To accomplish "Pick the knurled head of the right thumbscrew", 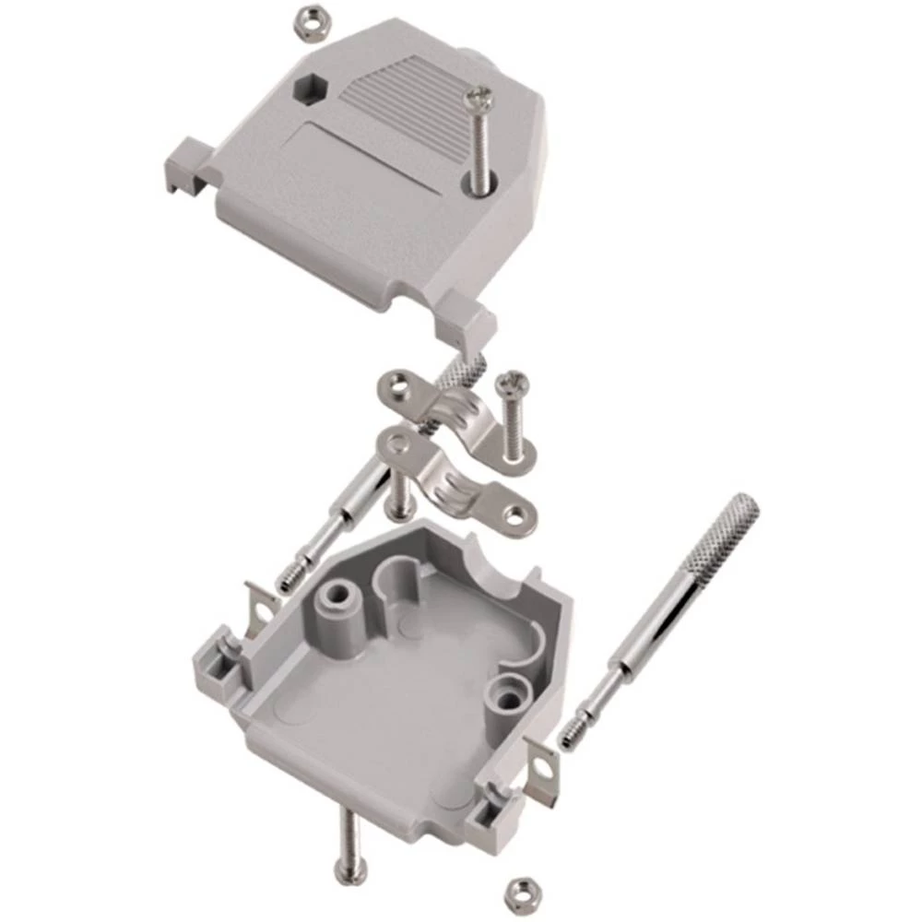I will pos(729,522).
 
